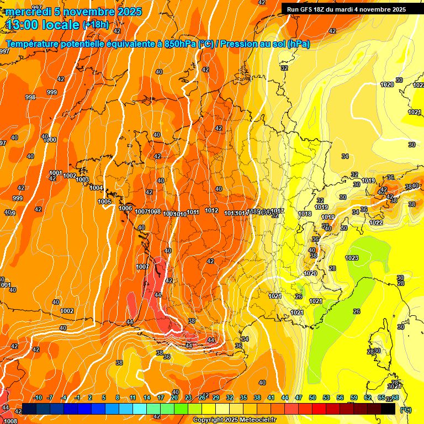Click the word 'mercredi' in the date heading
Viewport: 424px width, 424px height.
pyautogui.click(x=29, y=12)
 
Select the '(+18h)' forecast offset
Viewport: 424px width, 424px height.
pyautogui.click(x=96, y=25)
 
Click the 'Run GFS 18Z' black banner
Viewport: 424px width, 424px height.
pyautogui.click(x=346, y=9)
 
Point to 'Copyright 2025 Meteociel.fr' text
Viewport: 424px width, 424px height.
pyautogui.click(x=234, y=420)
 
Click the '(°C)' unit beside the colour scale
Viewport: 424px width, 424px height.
pyautogui.click(x=405, y=409)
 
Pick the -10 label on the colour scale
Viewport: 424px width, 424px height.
pyautogui.click(x=38, y=397)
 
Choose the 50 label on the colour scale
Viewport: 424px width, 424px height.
pyautogui.click(x=312, y=397)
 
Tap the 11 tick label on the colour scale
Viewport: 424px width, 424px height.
pyautogui.click(x=133, y=397)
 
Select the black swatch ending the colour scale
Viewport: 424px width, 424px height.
pyautogui.click(x=388, y=409)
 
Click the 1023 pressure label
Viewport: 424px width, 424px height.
pyautogui.click(x=352, y=258)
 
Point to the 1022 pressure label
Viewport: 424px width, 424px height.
pyautogui.click(x=377, y=222)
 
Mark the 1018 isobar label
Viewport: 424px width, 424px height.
pyautogui.click(x=305, y=214)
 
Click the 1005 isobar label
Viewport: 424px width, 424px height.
pyautogui.click(x=105, y=202)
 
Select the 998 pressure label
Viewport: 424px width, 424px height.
pyautogui.click(x=30, y=97)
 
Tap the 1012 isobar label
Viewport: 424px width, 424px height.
pyautogui.click(x=211, y=210)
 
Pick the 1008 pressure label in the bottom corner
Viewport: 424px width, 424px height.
pyautogui.click(x=10, y=421)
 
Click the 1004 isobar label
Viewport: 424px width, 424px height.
pyautogui.click(x=96, y=188)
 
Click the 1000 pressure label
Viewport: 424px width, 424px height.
pyautogui.click(x=50, y=140)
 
